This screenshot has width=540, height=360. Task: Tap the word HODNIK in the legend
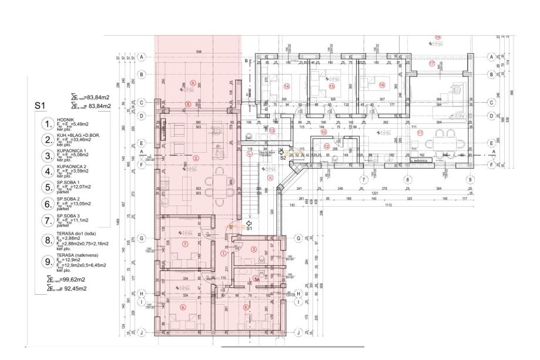(x=65, y=118)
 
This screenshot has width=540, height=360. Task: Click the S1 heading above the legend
(x=39, y=107)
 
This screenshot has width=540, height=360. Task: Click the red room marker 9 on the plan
(x=192, y=83)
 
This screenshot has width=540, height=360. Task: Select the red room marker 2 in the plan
(x=196, y=158)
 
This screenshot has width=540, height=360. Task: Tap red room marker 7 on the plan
(x=185, y=244)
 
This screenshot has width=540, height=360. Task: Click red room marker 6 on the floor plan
(x=183, y=307)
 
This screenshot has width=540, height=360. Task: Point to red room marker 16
(x=382, y=85)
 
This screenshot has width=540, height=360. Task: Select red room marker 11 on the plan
(x=420, y=133)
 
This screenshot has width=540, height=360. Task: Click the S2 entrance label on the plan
(x=283, y=157)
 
